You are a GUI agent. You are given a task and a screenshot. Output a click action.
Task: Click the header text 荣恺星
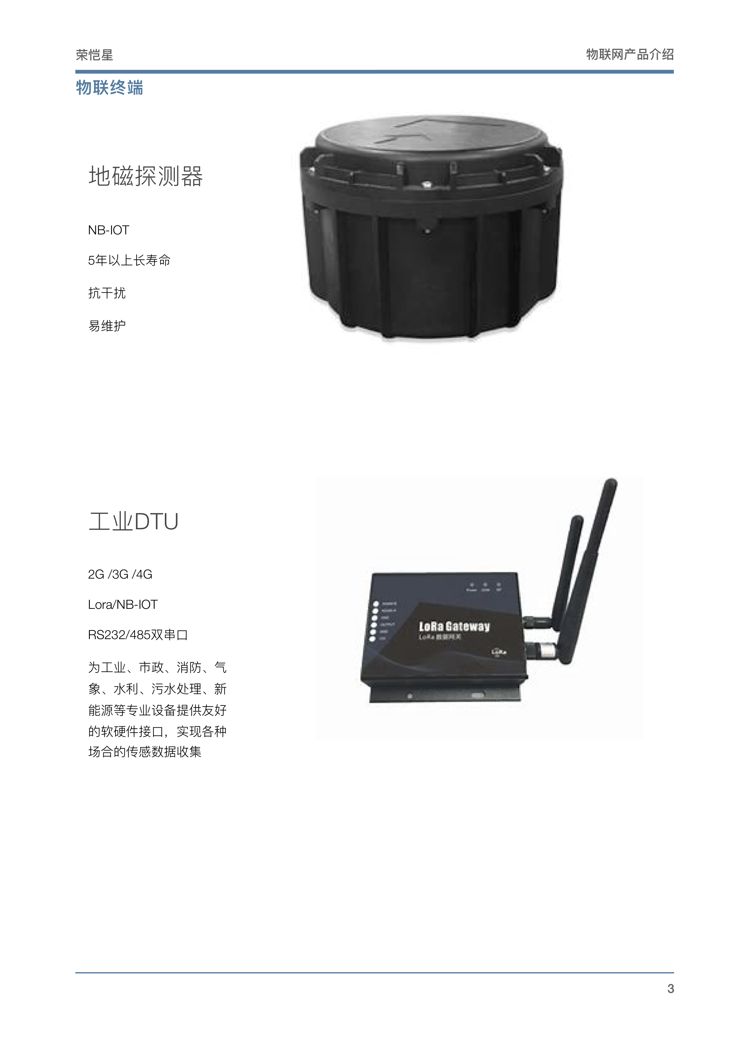coord(94,55)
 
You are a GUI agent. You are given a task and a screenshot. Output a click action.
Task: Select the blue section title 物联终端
coord(110,87)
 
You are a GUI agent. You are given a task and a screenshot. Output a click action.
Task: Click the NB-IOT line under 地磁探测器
coord(109,230)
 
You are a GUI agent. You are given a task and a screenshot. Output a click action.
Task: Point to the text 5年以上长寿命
coord(129,261)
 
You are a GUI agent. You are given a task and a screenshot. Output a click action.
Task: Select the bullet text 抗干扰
coord(107,293)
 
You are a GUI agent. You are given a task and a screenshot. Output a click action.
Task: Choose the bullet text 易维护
coord(107,326)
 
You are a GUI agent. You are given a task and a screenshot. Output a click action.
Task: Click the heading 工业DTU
coord(133,521)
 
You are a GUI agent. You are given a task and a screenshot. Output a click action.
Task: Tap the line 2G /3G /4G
coord(120,574)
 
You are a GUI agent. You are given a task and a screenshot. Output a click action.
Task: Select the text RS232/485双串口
coord(138,635)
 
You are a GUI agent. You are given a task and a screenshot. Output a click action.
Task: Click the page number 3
coord(670,988)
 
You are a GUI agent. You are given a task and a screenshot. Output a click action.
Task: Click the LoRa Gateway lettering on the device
coord(454,627)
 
